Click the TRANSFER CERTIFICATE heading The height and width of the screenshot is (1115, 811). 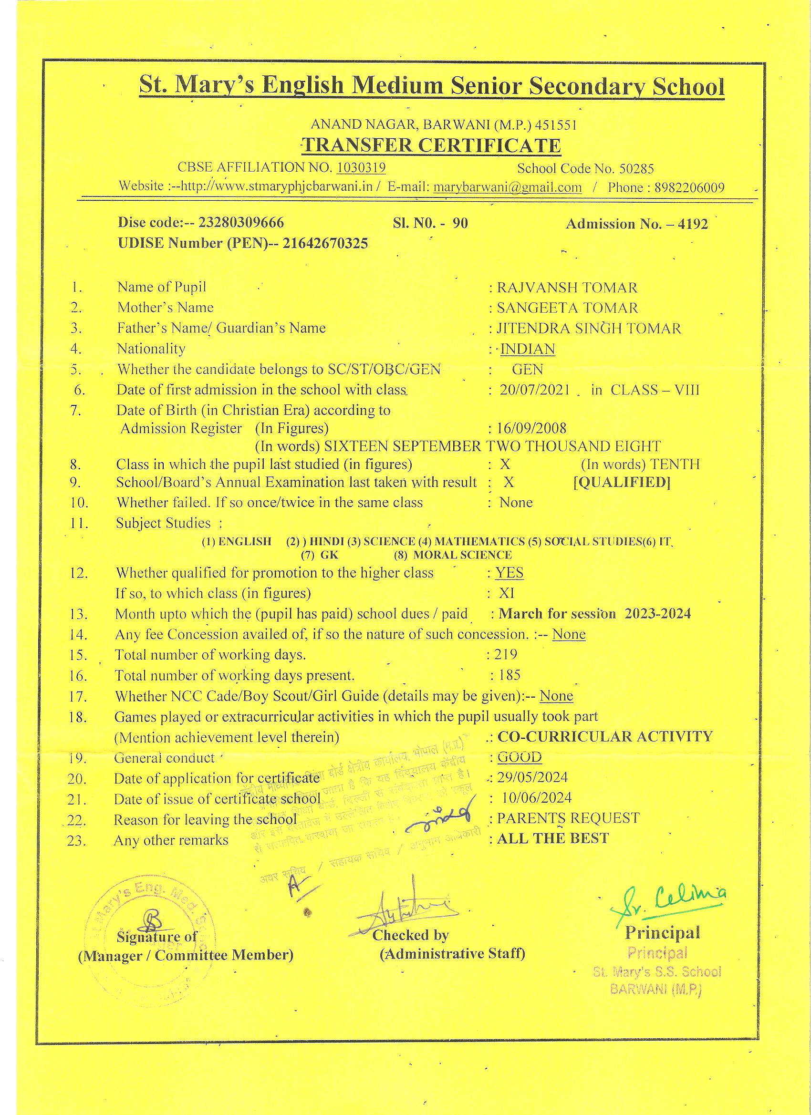[432, 145]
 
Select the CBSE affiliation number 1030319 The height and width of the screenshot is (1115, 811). [361, 168]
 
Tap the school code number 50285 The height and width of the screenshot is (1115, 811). [636, 169]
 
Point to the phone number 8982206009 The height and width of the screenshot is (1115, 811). [689, 187]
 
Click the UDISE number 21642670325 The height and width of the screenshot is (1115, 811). [324, 243]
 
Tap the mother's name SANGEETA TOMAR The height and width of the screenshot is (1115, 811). [567, 308]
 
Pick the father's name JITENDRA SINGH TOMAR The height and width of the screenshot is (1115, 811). [589, 328]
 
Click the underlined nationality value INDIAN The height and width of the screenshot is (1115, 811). [527, 349]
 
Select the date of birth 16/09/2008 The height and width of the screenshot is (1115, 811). [531, 428]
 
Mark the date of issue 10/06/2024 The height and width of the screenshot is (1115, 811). [537, 797]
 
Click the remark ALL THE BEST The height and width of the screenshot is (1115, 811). [553, 838]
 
